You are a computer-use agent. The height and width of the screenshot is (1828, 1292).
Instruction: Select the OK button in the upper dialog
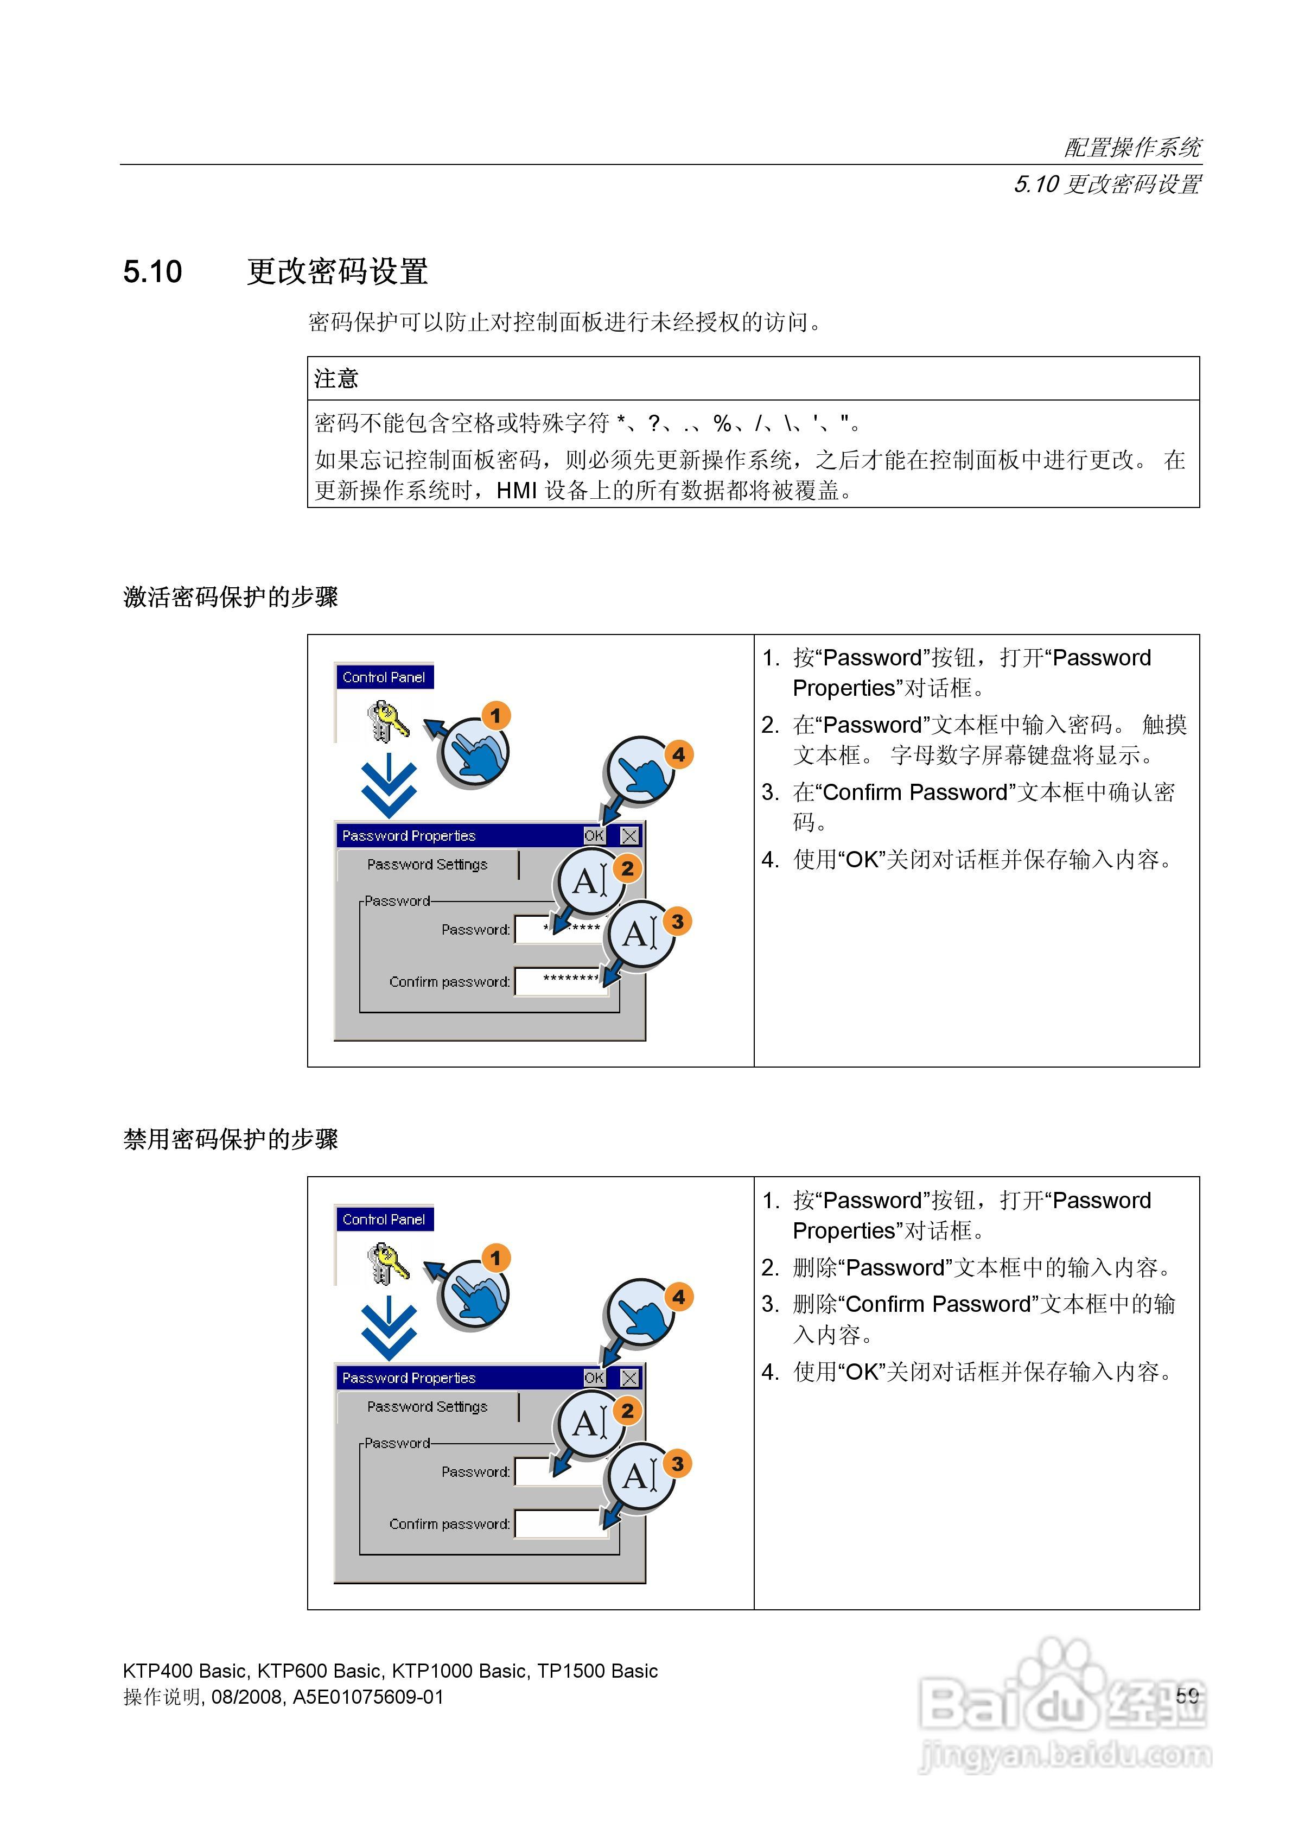(x=594, y=835)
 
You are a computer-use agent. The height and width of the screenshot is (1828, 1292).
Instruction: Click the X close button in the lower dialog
(x=629, y=1378)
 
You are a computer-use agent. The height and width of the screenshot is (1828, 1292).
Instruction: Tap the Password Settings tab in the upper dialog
(x=428, y=865)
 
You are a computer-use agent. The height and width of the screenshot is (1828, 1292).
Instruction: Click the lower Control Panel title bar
(x=384, y=1219)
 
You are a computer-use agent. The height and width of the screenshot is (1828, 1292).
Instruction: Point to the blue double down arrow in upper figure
(x=389, y=788)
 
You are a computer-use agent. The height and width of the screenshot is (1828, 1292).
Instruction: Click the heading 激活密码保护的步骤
(x=231, y=596)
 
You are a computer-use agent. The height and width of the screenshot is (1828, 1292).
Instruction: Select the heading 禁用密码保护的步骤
(x=231, y=1139)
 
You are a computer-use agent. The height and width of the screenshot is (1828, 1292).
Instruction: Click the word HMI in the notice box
(x=517, y=491)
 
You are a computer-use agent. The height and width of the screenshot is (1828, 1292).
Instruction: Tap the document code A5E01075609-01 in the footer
(x=368, y=1697)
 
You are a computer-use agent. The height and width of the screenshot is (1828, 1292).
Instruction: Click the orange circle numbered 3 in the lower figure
(x=677, y=1463)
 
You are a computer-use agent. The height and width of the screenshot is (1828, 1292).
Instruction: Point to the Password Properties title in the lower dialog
(x=409, y=1378)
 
